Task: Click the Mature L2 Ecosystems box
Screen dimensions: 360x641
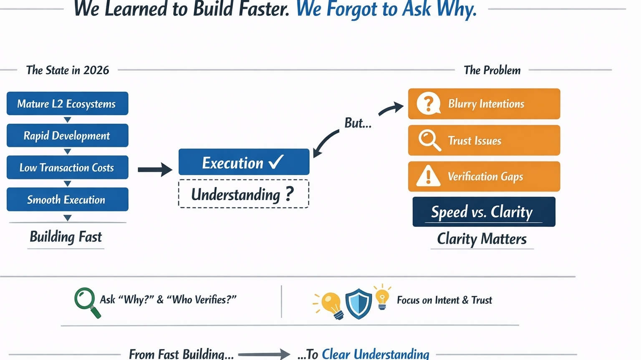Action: click(67, 103)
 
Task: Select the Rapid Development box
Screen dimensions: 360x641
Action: click(67, 136)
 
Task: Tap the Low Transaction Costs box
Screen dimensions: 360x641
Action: click(67, 167)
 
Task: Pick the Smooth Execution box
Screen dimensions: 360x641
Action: click(67, 199)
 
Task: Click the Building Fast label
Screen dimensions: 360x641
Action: click(66, 237)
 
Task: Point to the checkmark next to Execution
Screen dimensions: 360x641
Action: click(276, 162)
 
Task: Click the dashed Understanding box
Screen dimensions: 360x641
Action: click(243, 194)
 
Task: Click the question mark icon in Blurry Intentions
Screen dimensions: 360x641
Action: click(428, 103)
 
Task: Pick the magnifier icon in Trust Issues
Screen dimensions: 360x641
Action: click(429, 140)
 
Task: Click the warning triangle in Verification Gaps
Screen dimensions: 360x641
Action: click(428, 176)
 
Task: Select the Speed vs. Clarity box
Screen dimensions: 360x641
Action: click(484, 212)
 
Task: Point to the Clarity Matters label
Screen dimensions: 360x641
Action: click(482, 239)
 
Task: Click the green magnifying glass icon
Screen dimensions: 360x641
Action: click(87, 302)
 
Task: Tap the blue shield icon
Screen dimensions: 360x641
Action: click(358, 303)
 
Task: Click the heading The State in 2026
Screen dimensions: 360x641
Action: click(68, 70)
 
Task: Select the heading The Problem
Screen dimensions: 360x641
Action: click(492, 70)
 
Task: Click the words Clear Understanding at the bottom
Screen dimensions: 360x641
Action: click(375, 354)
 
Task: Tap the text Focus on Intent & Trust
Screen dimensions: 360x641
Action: click(444, 300)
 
